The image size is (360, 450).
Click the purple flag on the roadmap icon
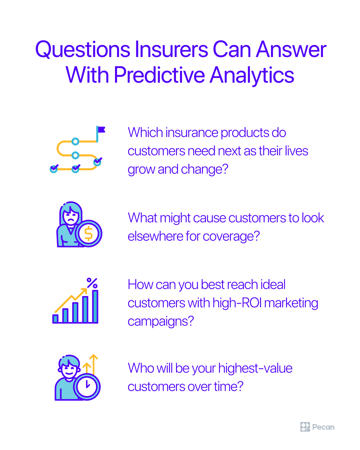[x=101, y=130]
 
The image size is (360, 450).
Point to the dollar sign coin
[x=89, y=234]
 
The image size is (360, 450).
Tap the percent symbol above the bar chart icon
[x=92, y=283]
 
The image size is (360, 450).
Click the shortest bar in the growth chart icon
[x=56, y=319]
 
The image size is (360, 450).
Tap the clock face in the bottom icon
[x=87, y=387]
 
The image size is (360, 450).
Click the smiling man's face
[x=69, y=368]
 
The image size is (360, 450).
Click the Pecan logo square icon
[x=305, y=427]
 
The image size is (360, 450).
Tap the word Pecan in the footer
[x=323, y=427]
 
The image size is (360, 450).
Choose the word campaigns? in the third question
[x=161, y=322]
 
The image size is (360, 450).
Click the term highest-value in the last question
[x=255, y=369]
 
